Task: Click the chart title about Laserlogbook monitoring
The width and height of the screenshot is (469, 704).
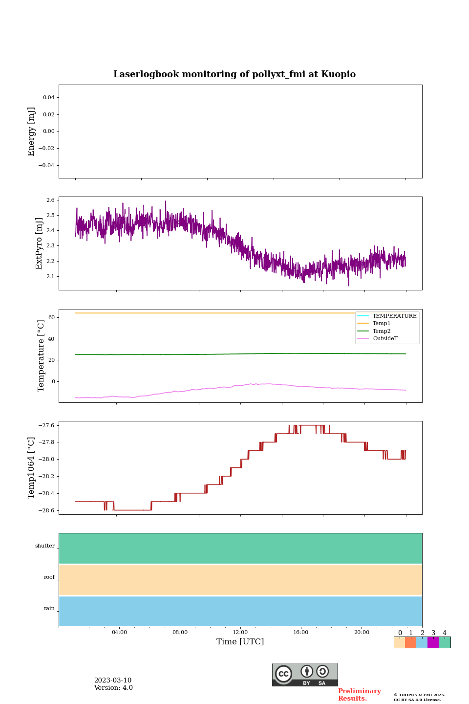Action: (234, 74)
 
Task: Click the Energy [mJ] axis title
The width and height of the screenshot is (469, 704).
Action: (32, 132)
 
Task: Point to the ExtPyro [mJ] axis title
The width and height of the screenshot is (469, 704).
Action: (39, 243)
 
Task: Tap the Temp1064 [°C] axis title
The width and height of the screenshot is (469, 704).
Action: (32, 468)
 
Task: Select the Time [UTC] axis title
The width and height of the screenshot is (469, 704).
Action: (240, 642)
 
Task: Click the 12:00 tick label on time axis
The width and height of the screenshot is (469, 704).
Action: (240, 633)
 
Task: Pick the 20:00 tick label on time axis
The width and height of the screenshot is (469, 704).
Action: (362, 633)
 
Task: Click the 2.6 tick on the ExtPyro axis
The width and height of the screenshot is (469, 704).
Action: (50, 200)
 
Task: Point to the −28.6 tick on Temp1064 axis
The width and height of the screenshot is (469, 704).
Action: (45, 510)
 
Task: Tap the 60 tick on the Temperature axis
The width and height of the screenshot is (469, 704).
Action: (51, 318)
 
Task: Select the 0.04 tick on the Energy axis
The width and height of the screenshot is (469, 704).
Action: (48, 98)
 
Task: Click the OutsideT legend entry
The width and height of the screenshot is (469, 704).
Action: (385, 339)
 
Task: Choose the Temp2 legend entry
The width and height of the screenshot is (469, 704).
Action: (382, 331)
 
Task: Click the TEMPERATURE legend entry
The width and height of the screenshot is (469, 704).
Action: (394, 316)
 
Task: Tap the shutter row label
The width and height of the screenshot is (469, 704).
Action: (45, 546)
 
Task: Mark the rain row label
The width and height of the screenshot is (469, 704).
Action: (49, 609)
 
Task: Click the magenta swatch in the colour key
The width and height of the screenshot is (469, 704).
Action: (433, 642)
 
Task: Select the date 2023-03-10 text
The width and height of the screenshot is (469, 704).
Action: (113, 681)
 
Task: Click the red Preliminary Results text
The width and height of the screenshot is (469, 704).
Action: (359, 695)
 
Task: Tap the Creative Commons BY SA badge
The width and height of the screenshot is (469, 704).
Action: (305, 675)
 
